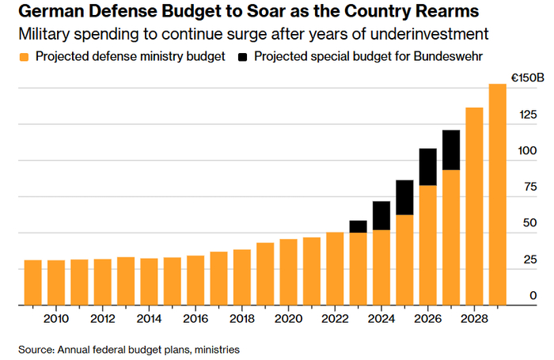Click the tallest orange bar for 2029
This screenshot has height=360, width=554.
[x=497, y=195]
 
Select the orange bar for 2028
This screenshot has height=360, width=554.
[x=474, y=207]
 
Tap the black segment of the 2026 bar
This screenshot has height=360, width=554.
[x=427, y=167]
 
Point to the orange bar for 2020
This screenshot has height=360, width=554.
[x=288, y=272]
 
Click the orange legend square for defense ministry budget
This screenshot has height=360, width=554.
[x=25, y=57]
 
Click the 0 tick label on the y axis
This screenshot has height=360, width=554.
[x=534, y=295]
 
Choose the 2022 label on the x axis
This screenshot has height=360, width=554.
[x=335, y=318]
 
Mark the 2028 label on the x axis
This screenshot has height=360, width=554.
[x=474, y=318]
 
